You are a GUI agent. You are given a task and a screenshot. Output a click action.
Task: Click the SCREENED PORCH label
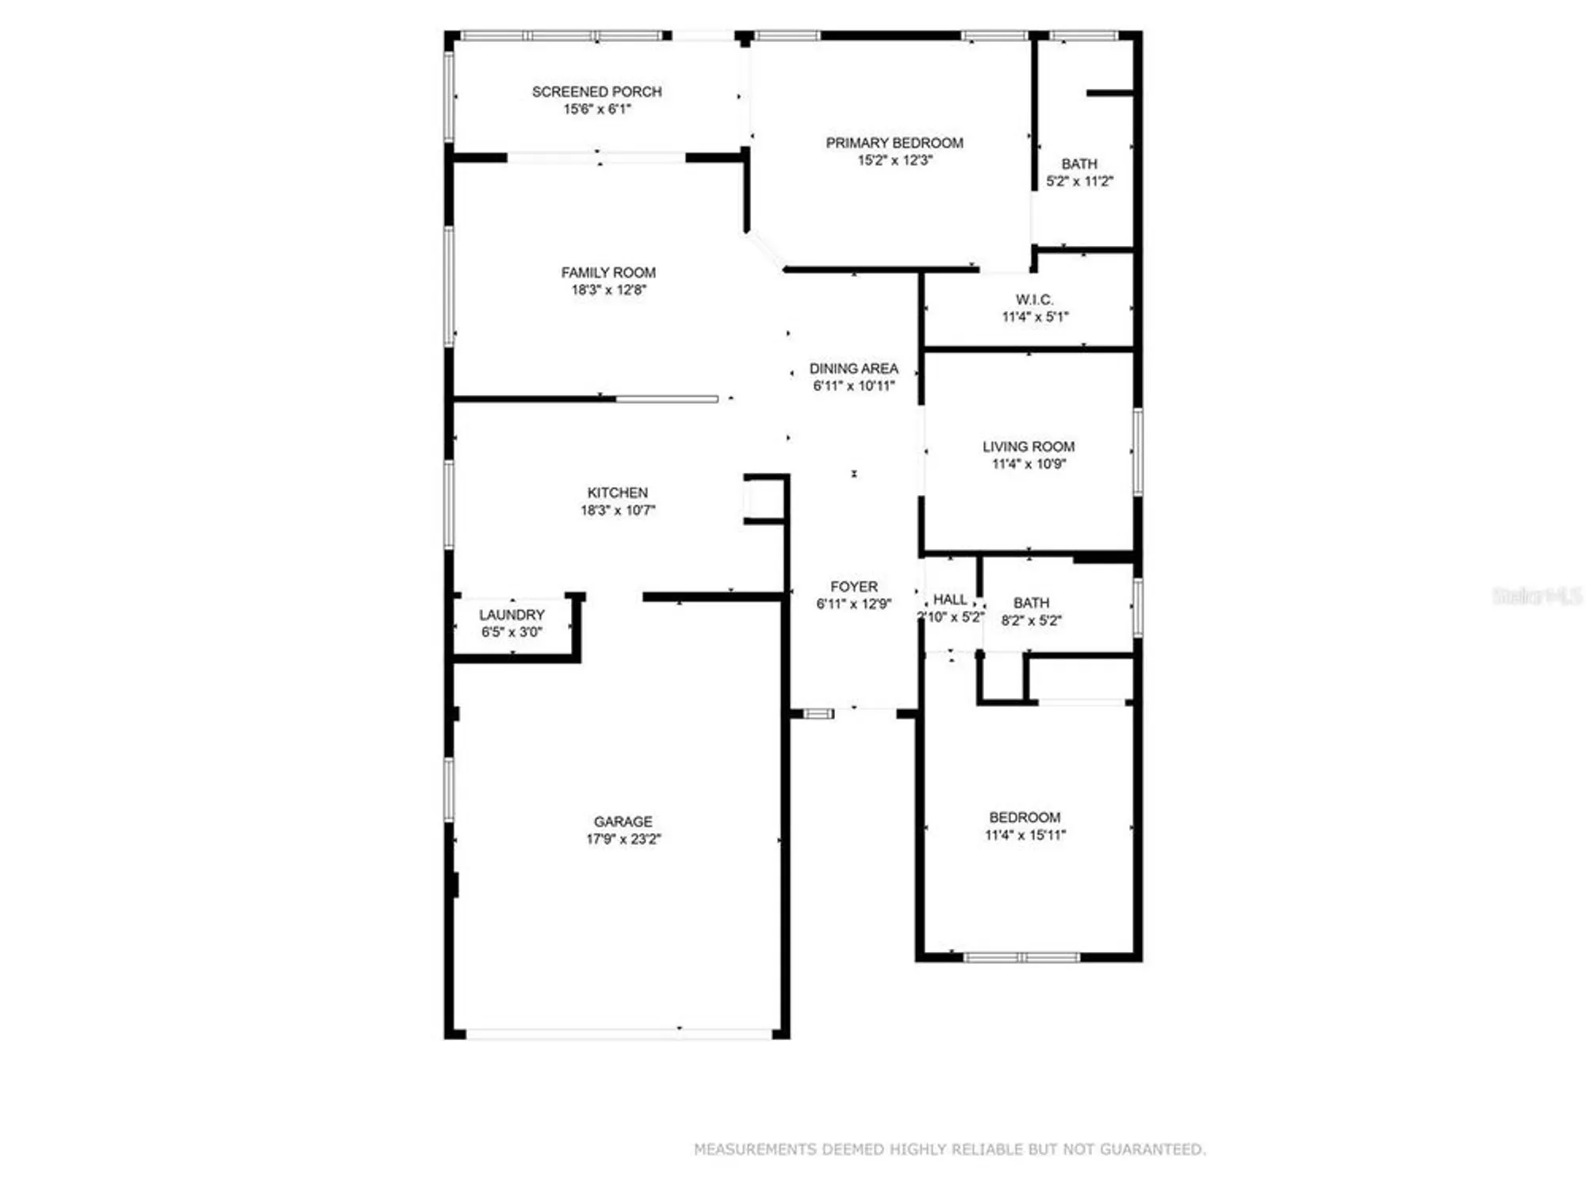point(596,92)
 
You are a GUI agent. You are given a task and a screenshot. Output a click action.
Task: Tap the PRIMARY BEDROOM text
point(895,143)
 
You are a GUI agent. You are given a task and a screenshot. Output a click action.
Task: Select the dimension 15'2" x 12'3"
point(895,160)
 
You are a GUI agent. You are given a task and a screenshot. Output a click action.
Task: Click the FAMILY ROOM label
point(608,273)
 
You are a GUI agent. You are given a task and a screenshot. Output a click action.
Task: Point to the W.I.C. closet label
point(1034,300)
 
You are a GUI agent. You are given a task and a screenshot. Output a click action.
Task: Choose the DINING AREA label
point(853,369)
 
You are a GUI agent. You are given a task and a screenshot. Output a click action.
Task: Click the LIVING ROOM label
point(1029,447)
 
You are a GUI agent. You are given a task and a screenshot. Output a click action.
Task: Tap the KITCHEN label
point(617,493)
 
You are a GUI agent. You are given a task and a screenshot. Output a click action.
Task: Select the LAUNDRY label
point(511,615)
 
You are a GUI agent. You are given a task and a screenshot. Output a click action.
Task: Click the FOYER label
point(853,587)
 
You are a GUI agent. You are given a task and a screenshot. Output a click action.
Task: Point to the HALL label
point(949,600)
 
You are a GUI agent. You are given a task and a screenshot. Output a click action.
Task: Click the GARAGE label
point(623,822)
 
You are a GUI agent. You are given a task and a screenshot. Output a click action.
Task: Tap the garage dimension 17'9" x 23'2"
point(623,839)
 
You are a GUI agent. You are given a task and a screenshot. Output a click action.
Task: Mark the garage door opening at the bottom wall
point(619,1035)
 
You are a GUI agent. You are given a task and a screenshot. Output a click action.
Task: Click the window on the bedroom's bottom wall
point(1021,958)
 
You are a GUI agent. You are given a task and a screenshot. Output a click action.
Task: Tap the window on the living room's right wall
point(1137,452)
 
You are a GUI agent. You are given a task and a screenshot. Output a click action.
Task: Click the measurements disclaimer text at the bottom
point(949,1149)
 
